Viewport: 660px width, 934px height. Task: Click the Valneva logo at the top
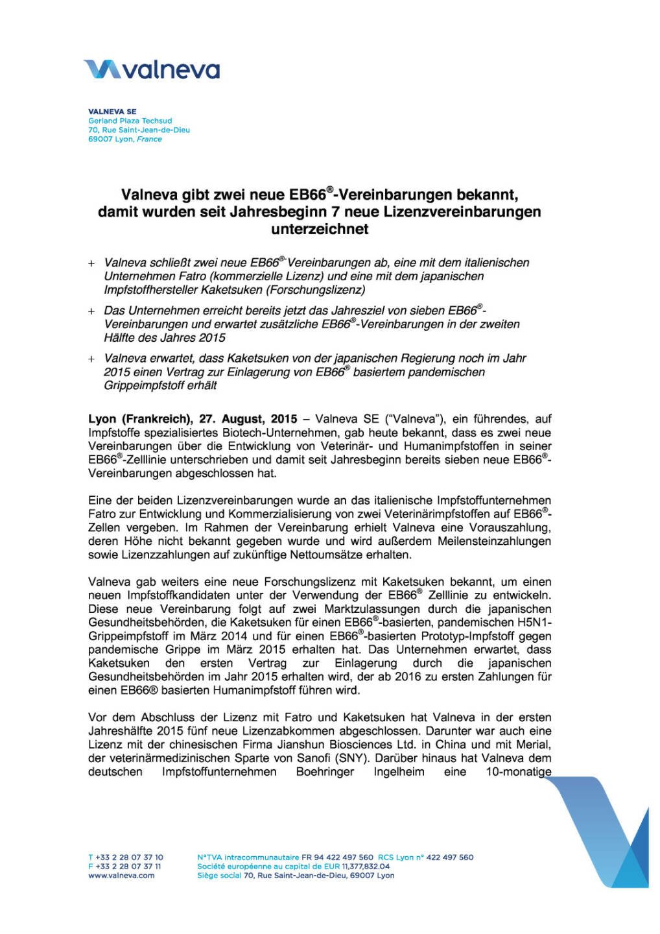(x=152, y=69)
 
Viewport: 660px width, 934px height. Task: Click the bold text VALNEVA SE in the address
(x=112, y=112)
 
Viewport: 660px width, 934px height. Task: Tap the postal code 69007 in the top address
(x=100, y=139)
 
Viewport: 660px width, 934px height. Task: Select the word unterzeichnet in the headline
(x=320, y=229)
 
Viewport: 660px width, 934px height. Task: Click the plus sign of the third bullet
(x=91, y=359)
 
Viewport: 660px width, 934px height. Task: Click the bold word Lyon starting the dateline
(x=102, y=419)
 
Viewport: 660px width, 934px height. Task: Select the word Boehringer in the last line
(x=325, y=772)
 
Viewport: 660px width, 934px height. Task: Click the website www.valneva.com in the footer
(x=121, y=876)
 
